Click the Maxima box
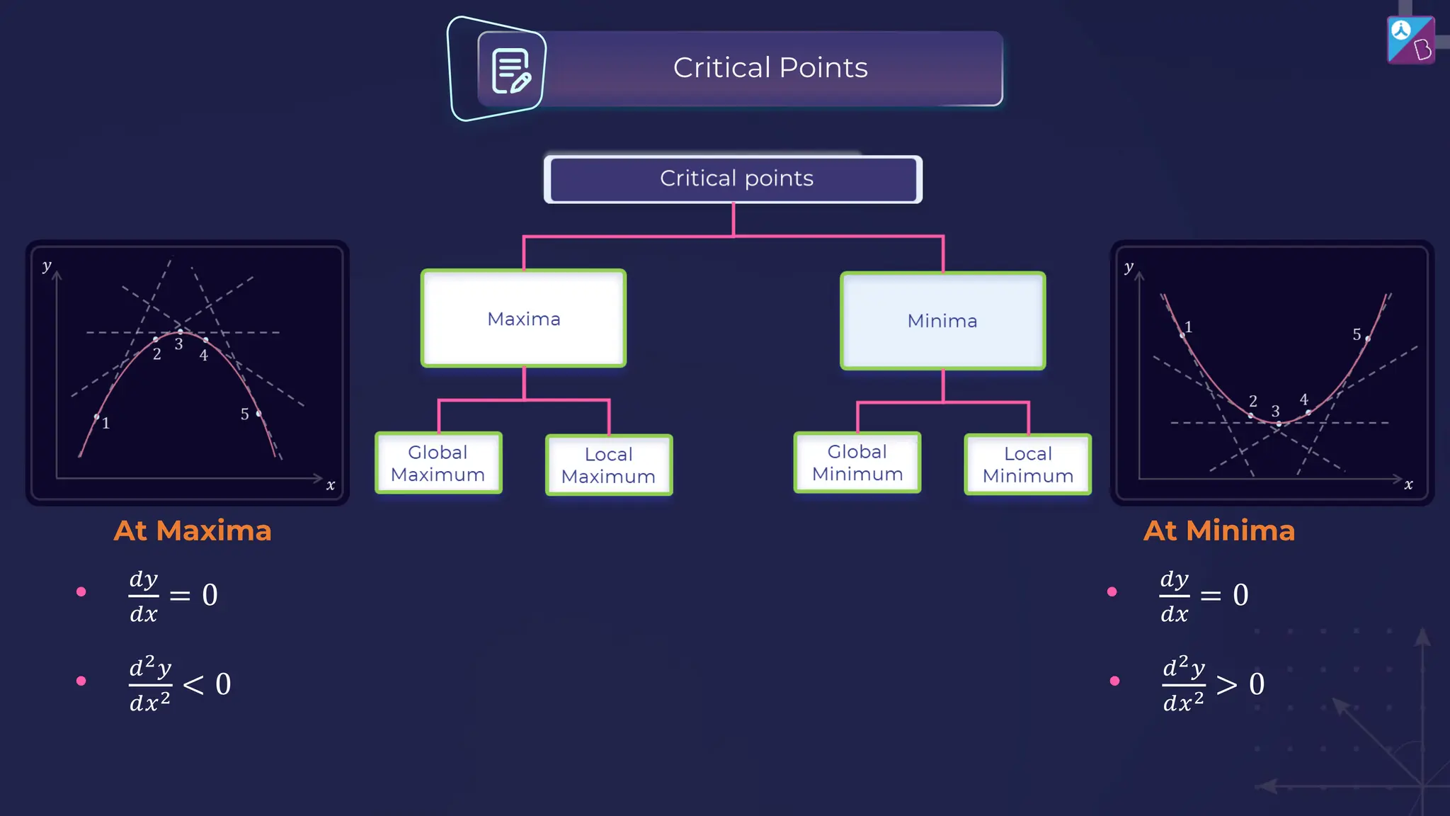tap(523, 319)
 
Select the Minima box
tap(942, 321)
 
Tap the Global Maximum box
tap(438, 463)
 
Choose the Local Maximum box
tap(609, 465)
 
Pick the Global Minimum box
tap(857, 463)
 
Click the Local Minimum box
tap(1028, 465)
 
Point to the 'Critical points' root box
tap(733, 178)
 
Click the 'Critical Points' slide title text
tap(770, 68)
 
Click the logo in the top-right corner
tap(1410, 40)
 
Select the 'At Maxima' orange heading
tap(193, 531)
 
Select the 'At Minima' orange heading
tap(1219, 531)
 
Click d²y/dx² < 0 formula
tap(180, 684)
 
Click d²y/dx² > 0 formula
tap(1213, 684)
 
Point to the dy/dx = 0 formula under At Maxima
tap(173, 595)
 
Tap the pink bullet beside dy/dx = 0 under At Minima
tap(1112, 591)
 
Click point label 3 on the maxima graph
tap(179, 344)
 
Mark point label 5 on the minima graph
tap(1357, 334)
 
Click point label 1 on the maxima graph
tap(106, 424)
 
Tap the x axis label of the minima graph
tap(1408, 485)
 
